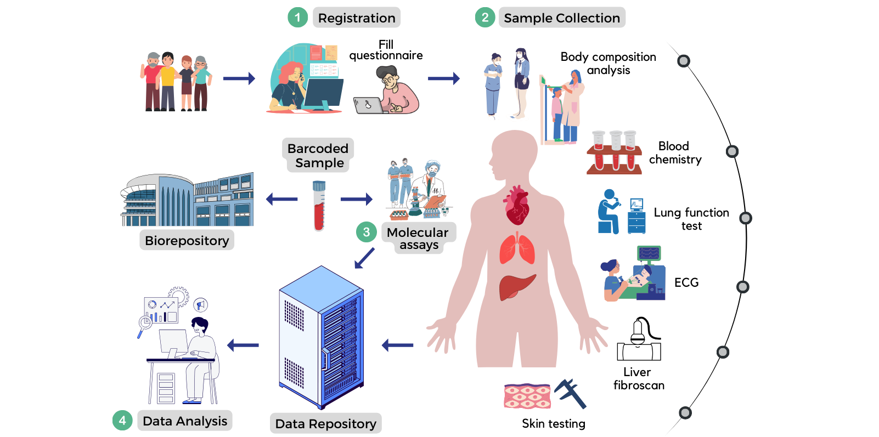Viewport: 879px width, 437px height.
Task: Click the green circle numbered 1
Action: click(x=297, y=18)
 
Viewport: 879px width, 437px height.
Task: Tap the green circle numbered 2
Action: click(x=485, y=18)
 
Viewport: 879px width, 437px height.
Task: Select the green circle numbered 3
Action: click(x=367, y=232)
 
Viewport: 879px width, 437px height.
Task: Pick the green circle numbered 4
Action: click(x=122, y=421)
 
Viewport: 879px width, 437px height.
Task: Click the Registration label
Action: click(x=357, y=18)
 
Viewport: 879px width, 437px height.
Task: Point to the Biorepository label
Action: click(x=187, y=241)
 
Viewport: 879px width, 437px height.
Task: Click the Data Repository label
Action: click(x=325, y=424)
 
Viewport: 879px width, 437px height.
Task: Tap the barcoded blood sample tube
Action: click(x=319, y=206)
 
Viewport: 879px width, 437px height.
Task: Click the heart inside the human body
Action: click(x=516, y=206)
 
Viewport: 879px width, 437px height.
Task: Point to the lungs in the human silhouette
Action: click(x=517, y=249)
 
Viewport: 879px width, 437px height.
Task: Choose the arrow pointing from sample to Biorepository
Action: click(x=281, y=199)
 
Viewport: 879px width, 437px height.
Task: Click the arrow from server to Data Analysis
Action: click(x=243, y=345)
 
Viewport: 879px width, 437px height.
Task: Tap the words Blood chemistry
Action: click(x=675, y=153)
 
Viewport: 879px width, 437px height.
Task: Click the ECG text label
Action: click(x=686, y=283)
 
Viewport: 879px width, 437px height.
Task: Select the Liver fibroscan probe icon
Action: click(x=639, y=339)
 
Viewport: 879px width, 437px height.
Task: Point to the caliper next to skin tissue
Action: click(x=571, y=393)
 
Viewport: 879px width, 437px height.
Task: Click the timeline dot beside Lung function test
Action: click(x=745, y=218)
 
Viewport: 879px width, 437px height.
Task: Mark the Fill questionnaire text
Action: click(x=386, y=50)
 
